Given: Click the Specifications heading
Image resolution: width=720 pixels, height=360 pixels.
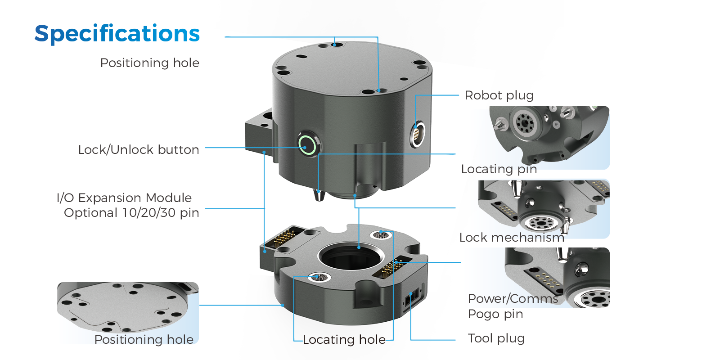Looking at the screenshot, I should [x=117, y=34].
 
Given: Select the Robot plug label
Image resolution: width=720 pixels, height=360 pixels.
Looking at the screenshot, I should [x=499, y=95].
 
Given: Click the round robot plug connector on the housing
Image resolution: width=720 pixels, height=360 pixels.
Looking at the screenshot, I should [x=417, y=134].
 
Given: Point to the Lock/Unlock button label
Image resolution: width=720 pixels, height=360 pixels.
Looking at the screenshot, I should [x=138, y=149].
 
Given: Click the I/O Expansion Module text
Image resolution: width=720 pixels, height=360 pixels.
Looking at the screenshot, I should [x=124, y=198].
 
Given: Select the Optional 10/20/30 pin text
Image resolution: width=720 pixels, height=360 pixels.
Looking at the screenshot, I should [x=131, y=212].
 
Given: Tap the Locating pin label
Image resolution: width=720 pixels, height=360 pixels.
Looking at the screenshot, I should [x=499, y=169].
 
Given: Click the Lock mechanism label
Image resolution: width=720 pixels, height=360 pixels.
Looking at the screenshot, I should [x=511, y=237].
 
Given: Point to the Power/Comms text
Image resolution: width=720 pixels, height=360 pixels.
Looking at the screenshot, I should [x=513, y=298].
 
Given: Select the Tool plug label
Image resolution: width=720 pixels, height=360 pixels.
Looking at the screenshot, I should [x=496, y=338].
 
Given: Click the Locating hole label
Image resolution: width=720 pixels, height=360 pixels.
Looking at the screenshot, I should [x=344, y=339].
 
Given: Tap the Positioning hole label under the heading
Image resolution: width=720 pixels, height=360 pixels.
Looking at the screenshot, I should [x=149, y=63].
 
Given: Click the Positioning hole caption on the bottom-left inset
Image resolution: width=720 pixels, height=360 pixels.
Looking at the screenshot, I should [x=144, y=339].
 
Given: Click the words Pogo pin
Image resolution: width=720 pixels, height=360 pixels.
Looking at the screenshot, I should [x=495, y=314].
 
